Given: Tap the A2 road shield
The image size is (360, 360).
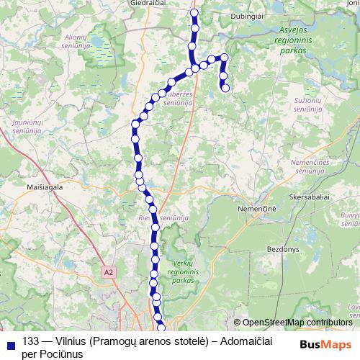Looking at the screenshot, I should point(109,273).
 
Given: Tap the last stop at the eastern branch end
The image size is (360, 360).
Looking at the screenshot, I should point(225,89).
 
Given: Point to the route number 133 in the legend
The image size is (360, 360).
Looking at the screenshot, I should point(31,341).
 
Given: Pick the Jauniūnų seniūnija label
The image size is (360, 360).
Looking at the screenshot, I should point(27,127).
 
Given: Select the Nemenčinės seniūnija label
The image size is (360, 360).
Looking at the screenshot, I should point(311,167).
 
